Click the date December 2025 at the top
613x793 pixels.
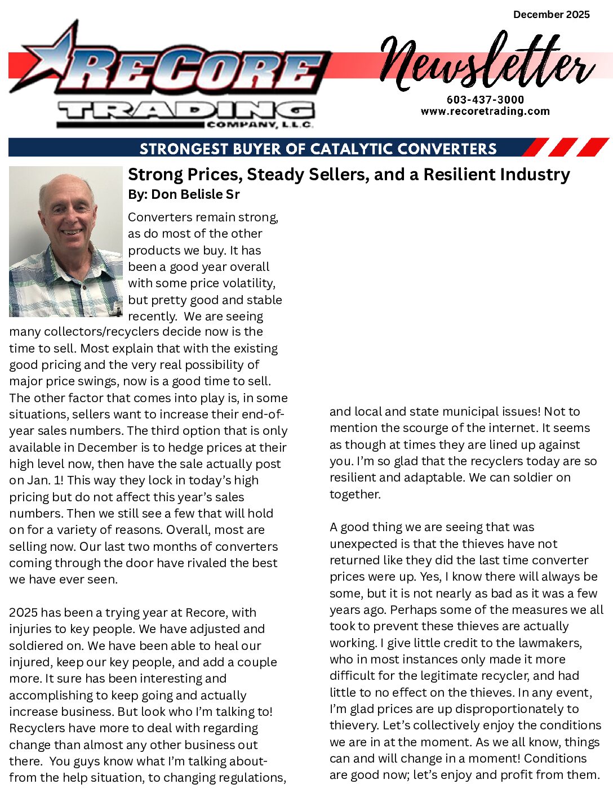551,15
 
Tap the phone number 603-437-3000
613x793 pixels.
485,100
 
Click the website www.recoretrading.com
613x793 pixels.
485,111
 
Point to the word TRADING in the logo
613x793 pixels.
186,110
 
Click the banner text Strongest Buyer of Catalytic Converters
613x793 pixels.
318,149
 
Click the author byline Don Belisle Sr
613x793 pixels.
184,194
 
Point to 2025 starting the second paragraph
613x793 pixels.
23,613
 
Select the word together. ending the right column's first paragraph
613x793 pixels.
355,494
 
